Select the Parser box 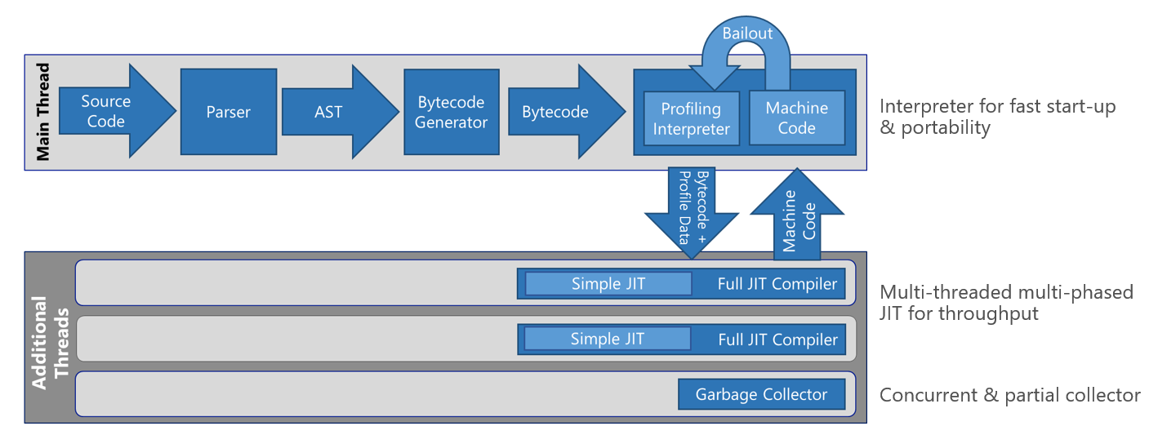(x=229, y=112)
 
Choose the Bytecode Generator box (x=452, y=112)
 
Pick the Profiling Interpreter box (x=691, y=118)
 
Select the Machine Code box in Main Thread (x=797, y=118)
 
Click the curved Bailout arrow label (x=747, y=33)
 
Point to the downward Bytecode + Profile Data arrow (x=692, y=212)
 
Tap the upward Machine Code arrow (x=797, y=214)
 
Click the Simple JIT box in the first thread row (x=608, y=284)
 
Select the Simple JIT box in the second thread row (x=608, y=339)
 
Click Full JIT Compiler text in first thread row (x=777, y=284)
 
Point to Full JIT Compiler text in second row (x=777, y=340)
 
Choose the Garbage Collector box (x=761, y=394)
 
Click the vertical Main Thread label (x=43, y=112)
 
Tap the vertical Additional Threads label (x=50, y=343)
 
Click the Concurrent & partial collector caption (x=1009, y=395)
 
